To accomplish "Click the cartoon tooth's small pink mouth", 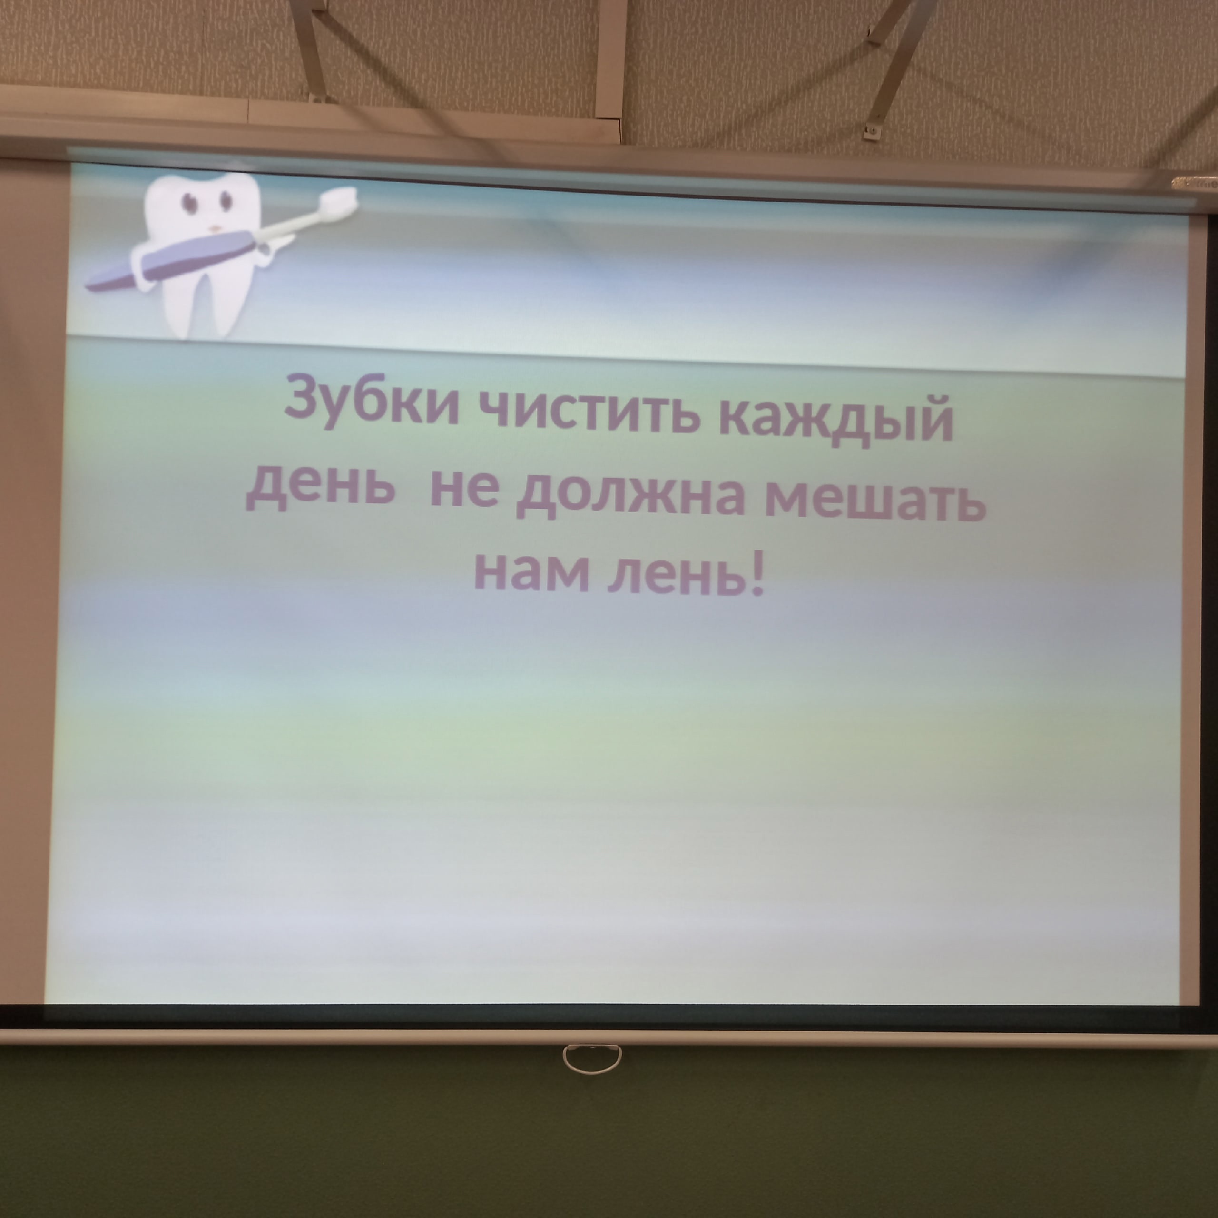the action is coord(215,228).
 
